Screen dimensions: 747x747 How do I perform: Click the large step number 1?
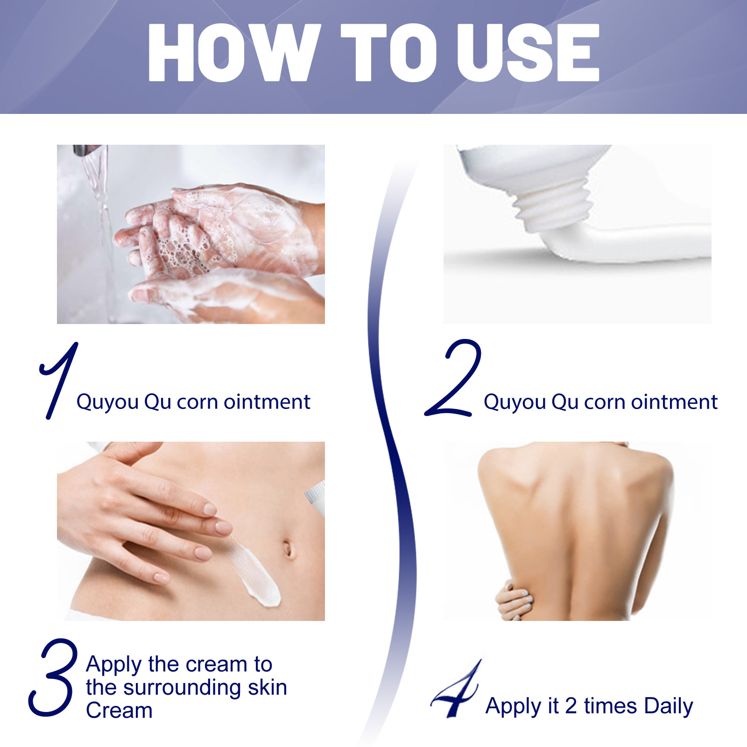58,381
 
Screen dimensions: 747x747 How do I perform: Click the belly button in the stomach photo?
288,549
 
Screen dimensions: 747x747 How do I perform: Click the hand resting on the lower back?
514,602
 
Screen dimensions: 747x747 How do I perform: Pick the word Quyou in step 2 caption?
514,402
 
